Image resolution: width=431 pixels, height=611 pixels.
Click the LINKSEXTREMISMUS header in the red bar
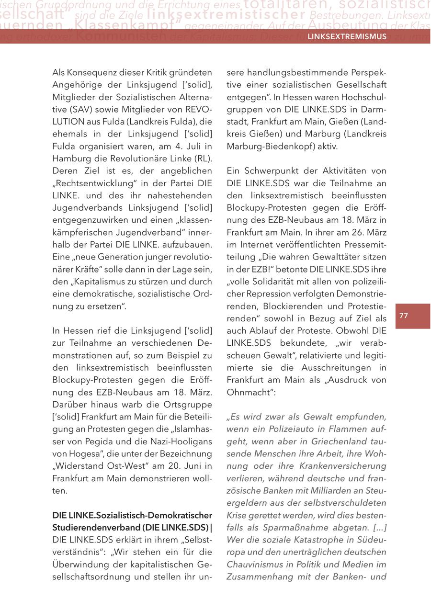coord(347,36)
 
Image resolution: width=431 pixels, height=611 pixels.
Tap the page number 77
coord(404,316)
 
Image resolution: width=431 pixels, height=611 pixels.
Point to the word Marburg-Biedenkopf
coord(268,147)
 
